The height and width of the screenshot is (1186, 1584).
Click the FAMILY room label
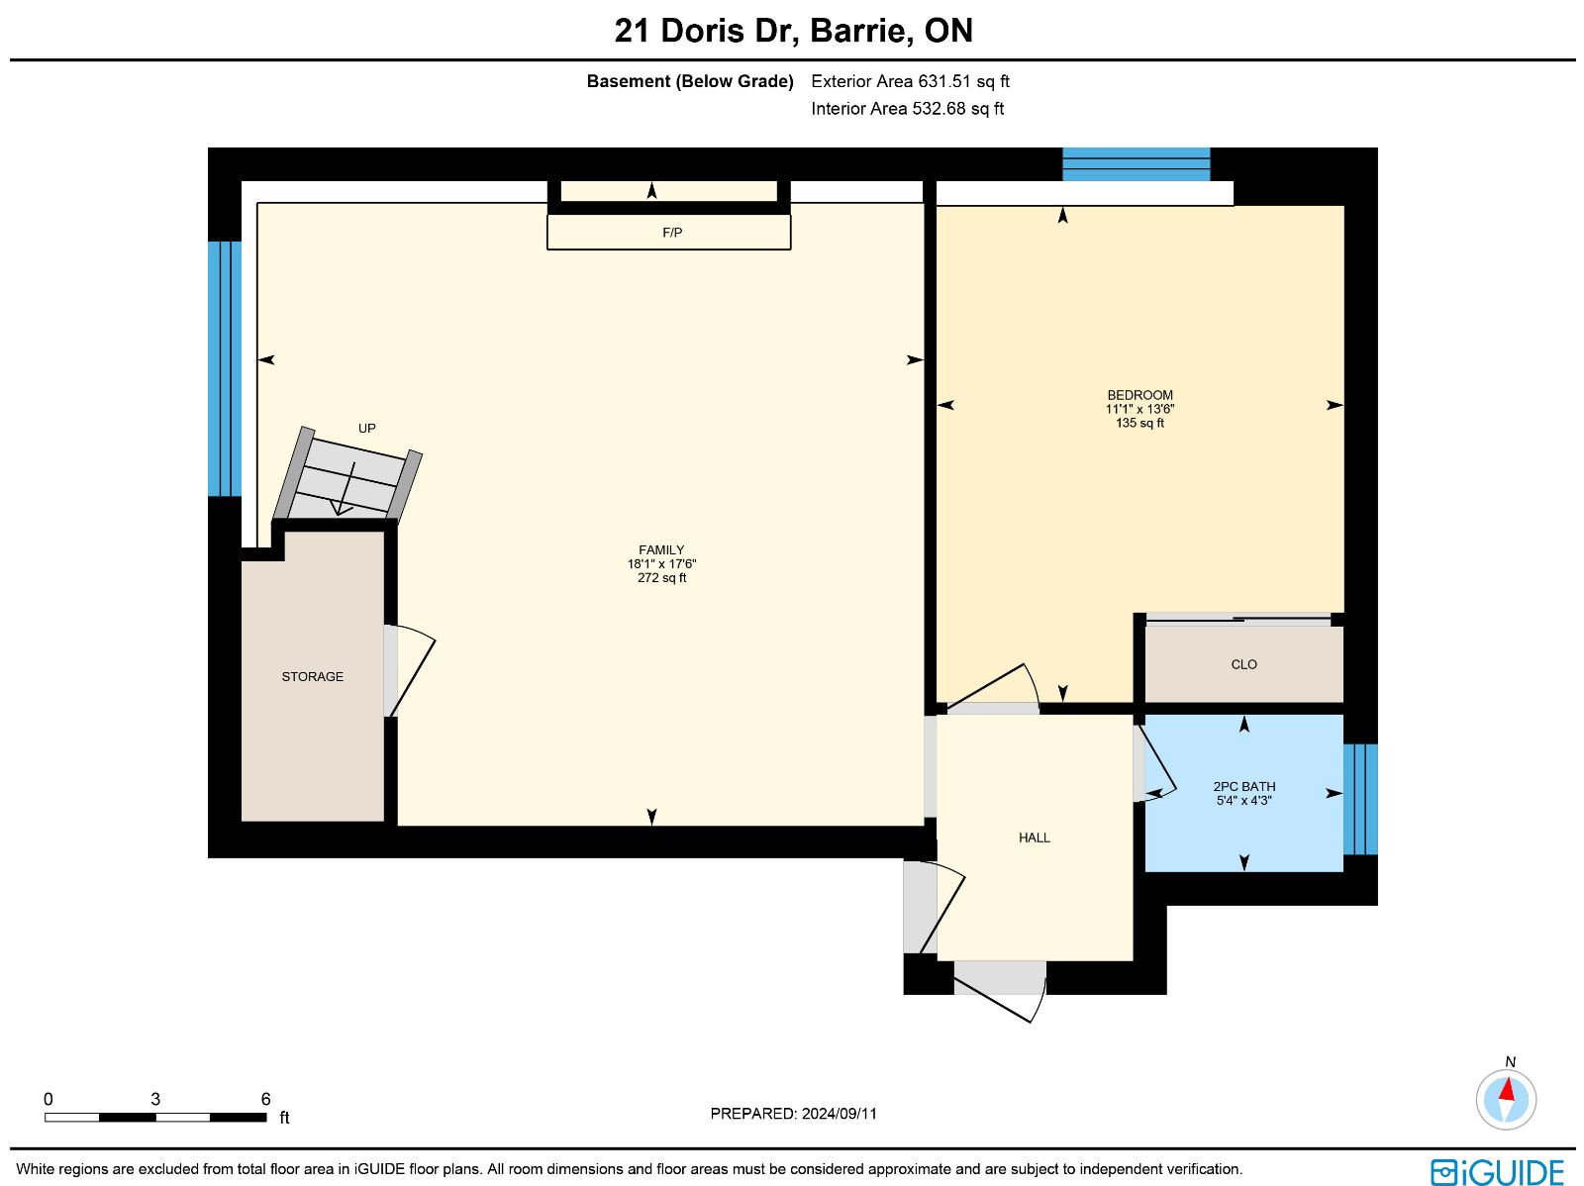coord(661,549)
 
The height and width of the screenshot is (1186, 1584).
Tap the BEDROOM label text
coord(1139,395)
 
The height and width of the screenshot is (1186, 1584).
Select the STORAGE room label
coord(313,676)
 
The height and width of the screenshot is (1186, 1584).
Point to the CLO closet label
coord(1243,663)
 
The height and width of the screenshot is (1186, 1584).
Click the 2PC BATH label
coord(1244,786)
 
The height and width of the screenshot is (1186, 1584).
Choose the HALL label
coord(1035,838)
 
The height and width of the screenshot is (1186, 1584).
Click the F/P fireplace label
coord(672,233)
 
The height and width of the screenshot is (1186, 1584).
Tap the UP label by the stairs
coord(366,428)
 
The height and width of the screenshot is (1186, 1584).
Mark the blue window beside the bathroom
coord(1360,799)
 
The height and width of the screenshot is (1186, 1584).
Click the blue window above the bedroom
coord(1136,164)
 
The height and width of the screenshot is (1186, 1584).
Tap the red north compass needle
coord(1508,1089)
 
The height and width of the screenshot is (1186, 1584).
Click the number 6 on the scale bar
coord(265,1099)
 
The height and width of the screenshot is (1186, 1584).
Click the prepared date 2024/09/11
coord(840,1113)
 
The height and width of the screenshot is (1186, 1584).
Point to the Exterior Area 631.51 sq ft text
coord(910,81)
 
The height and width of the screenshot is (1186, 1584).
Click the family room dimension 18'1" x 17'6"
coord(661,563)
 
